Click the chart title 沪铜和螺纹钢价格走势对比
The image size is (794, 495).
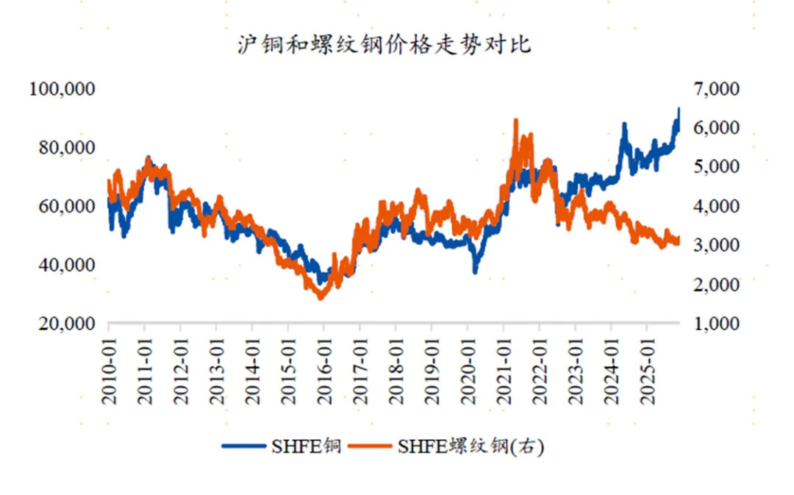(x=384, y=44)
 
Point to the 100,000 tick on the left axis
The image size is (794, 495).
(x=62, y=89)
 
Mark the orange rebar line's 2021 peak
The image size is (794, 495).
(x=515, y=119)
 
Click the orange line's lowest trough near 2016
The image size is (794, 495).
(x=321, y=298)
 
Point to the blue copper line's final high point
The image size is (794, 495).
(x=679, y=108)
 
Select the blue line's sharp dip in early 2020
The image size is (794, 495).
(x=475, y=273)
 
